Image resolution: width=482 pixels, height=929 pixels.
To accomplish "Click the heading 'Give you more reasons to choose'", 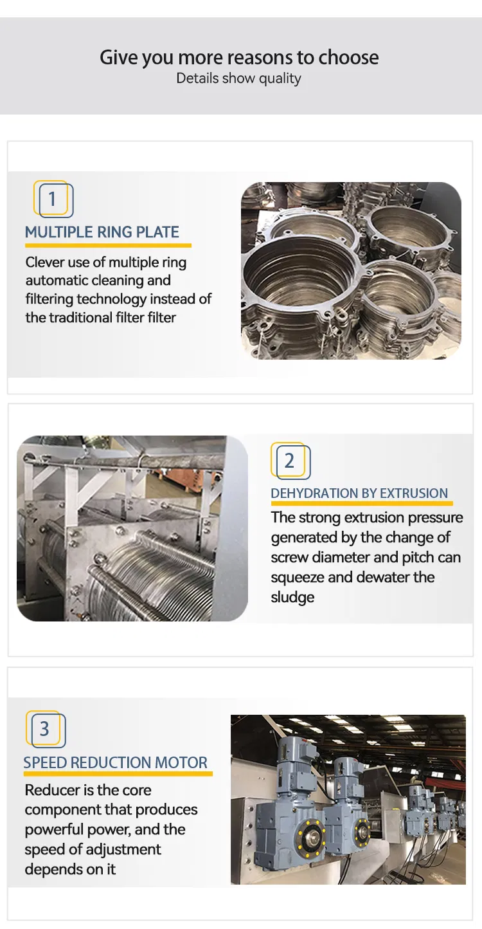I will click(239, 58).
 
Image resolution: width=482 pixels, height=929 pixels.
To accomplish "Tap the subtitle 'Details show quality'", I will click(239, 78).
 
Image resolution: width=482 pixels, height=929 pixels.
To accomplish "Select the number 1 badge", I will click(53, 199).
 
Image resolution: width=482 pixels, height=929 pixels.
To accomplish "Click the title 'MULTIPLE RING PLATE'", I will click(102, 232).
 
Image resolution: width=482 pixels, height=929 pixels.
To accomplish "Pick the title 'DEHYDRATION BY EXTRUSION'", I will click(359, 493).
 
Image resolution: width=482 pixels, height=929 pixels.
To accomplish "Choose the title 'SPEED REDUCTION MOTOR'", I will click(116, 763).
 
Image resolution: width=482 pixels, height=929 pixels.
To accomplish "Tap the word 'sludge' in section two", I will click(292, 598).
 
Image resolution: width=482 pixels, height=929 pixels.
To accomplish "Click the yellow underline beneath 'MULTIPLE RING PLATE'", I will click(108, 245).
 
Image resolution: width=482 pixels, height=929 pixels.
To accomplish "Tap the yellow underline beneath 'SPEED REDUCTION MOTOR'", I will click(118, 774).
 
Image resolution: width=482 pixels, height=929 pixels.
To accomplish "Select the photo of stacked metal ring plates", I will click(351, 270).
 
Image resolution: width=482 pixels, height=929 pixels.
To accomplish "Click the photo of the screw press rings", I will click(132, 528).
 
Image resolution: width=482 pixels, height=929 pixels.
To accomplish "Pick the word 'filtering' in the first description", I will click(49, 299).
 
